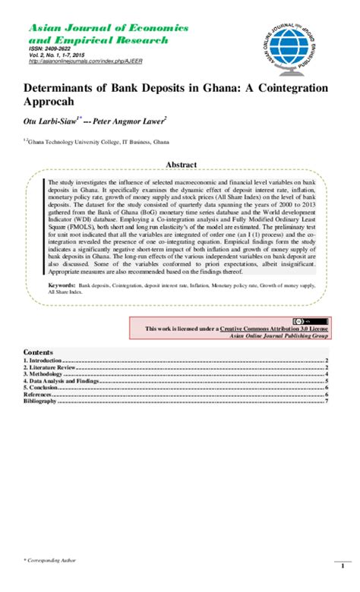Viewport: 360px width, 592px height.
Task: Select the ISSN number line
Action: (x=49, y=49)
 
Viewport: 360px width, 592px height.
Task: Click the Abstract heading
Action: (x=181, y=165)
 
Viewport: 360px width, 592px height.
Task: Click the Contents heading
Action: (x=38, y=353)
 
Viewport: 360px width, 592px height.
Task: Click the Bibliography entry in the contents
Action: (x=40, y=401)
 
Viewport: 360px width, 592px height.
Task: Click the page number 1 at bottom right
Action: (x=332, y=581)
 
